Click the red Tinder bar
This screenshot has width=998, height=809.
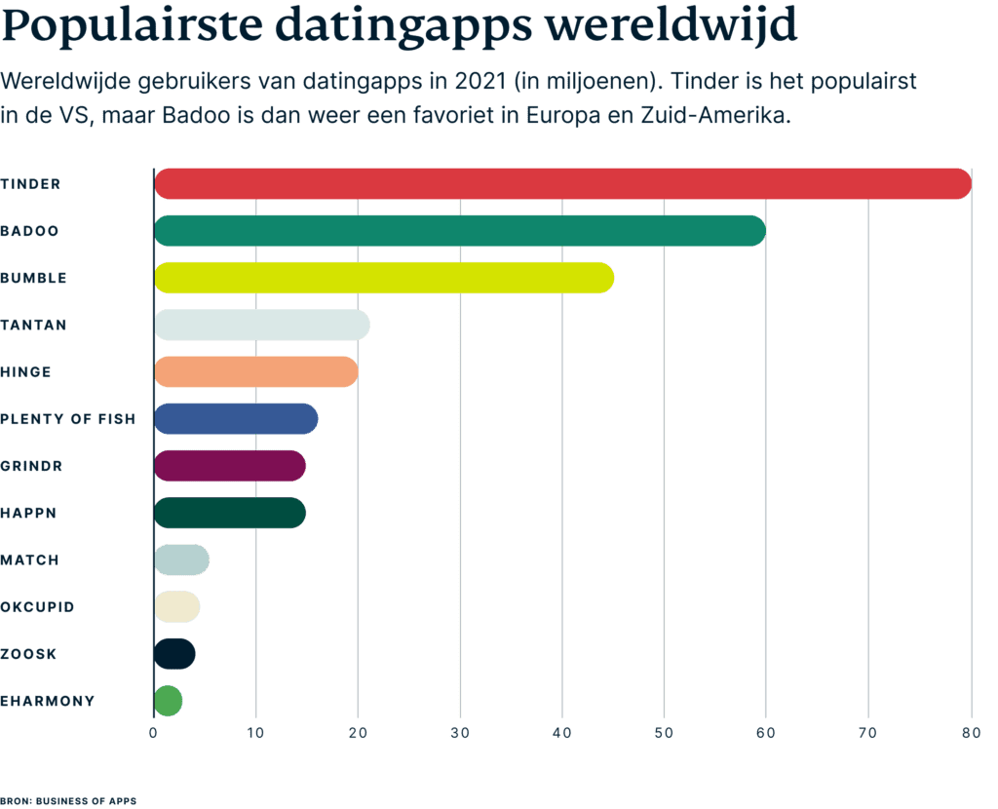pyautogui.click(x=562, y=184)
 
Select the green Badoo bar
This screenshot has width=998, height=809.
pyautogui.click(x=459, y=231)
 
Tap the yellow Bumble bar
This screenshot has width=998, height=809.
pyautogui.click(x=384, y=278)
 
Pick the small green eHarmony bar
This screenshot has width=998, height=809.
pyautogui.click(x=169, y=701)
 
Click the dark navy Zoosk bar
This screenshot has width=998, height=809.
pyautogui.click(x=175, y=654)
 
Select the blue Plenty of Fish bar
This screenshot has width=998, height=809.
pyautogui.click(x=236, y=419)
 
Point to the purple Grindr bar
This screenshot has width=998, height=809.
pyautogui.click(x=230, y=466)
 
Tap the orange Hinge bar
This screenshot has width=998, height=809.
pyautogui.click(x=255, y=372)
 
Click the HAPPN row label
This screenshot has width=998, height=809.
pyautogui.click(x=28, y=513)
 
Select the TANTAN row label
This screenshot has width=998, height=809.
pyautogui.click(x=34, y=325)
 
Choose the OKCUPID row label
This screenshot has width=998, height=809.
pyautogui.click(x=37, y=607)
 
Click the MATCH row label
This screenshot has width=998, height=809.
pyautogui.click(x=30, y=560)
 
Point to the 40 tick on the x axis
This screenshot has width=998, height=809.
pyautogui.click(x=561, y=733)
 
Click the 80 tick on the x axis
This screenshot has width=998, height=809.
pyautogui.click(x=970, y=733)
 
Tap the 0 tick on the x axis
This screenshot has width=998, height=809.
pyautogui.click(x=154, y=733)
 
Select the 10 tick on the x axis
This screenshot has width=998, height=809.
pyautogui.click(x=255, y=733)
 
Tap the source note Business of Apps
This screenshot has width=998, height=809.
pyautogui.click(x=68, y=800)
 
